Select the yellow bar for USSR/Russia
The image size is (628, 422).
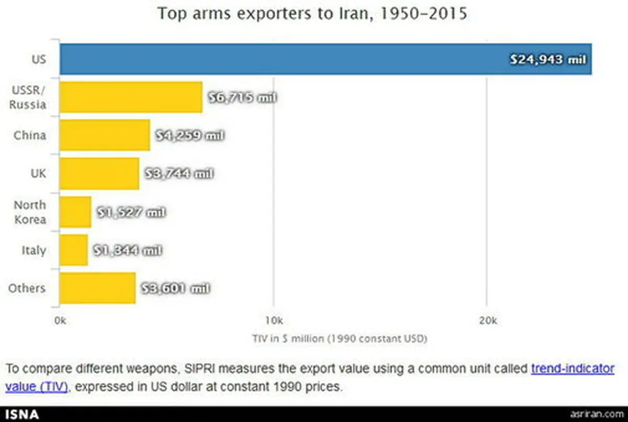click(x=130, y=97)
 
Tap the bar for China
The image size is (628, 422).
click(x=104, y=135)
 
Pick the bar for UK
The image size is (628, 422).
click(x=99, y=174)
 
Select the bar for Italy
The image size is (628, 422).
click(x=73, y=250)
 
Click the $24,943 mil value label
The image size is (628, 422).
click(x=548, y=60)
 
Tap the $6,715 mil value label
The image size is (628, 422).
click(x=242, y=98)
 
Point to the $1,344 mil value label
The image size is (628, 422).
click(x=127, y=250)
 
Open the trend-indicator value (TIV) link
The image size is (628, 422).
click(x=573, y=369)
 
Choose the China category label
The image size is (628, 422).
click(x=30, y=135)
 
